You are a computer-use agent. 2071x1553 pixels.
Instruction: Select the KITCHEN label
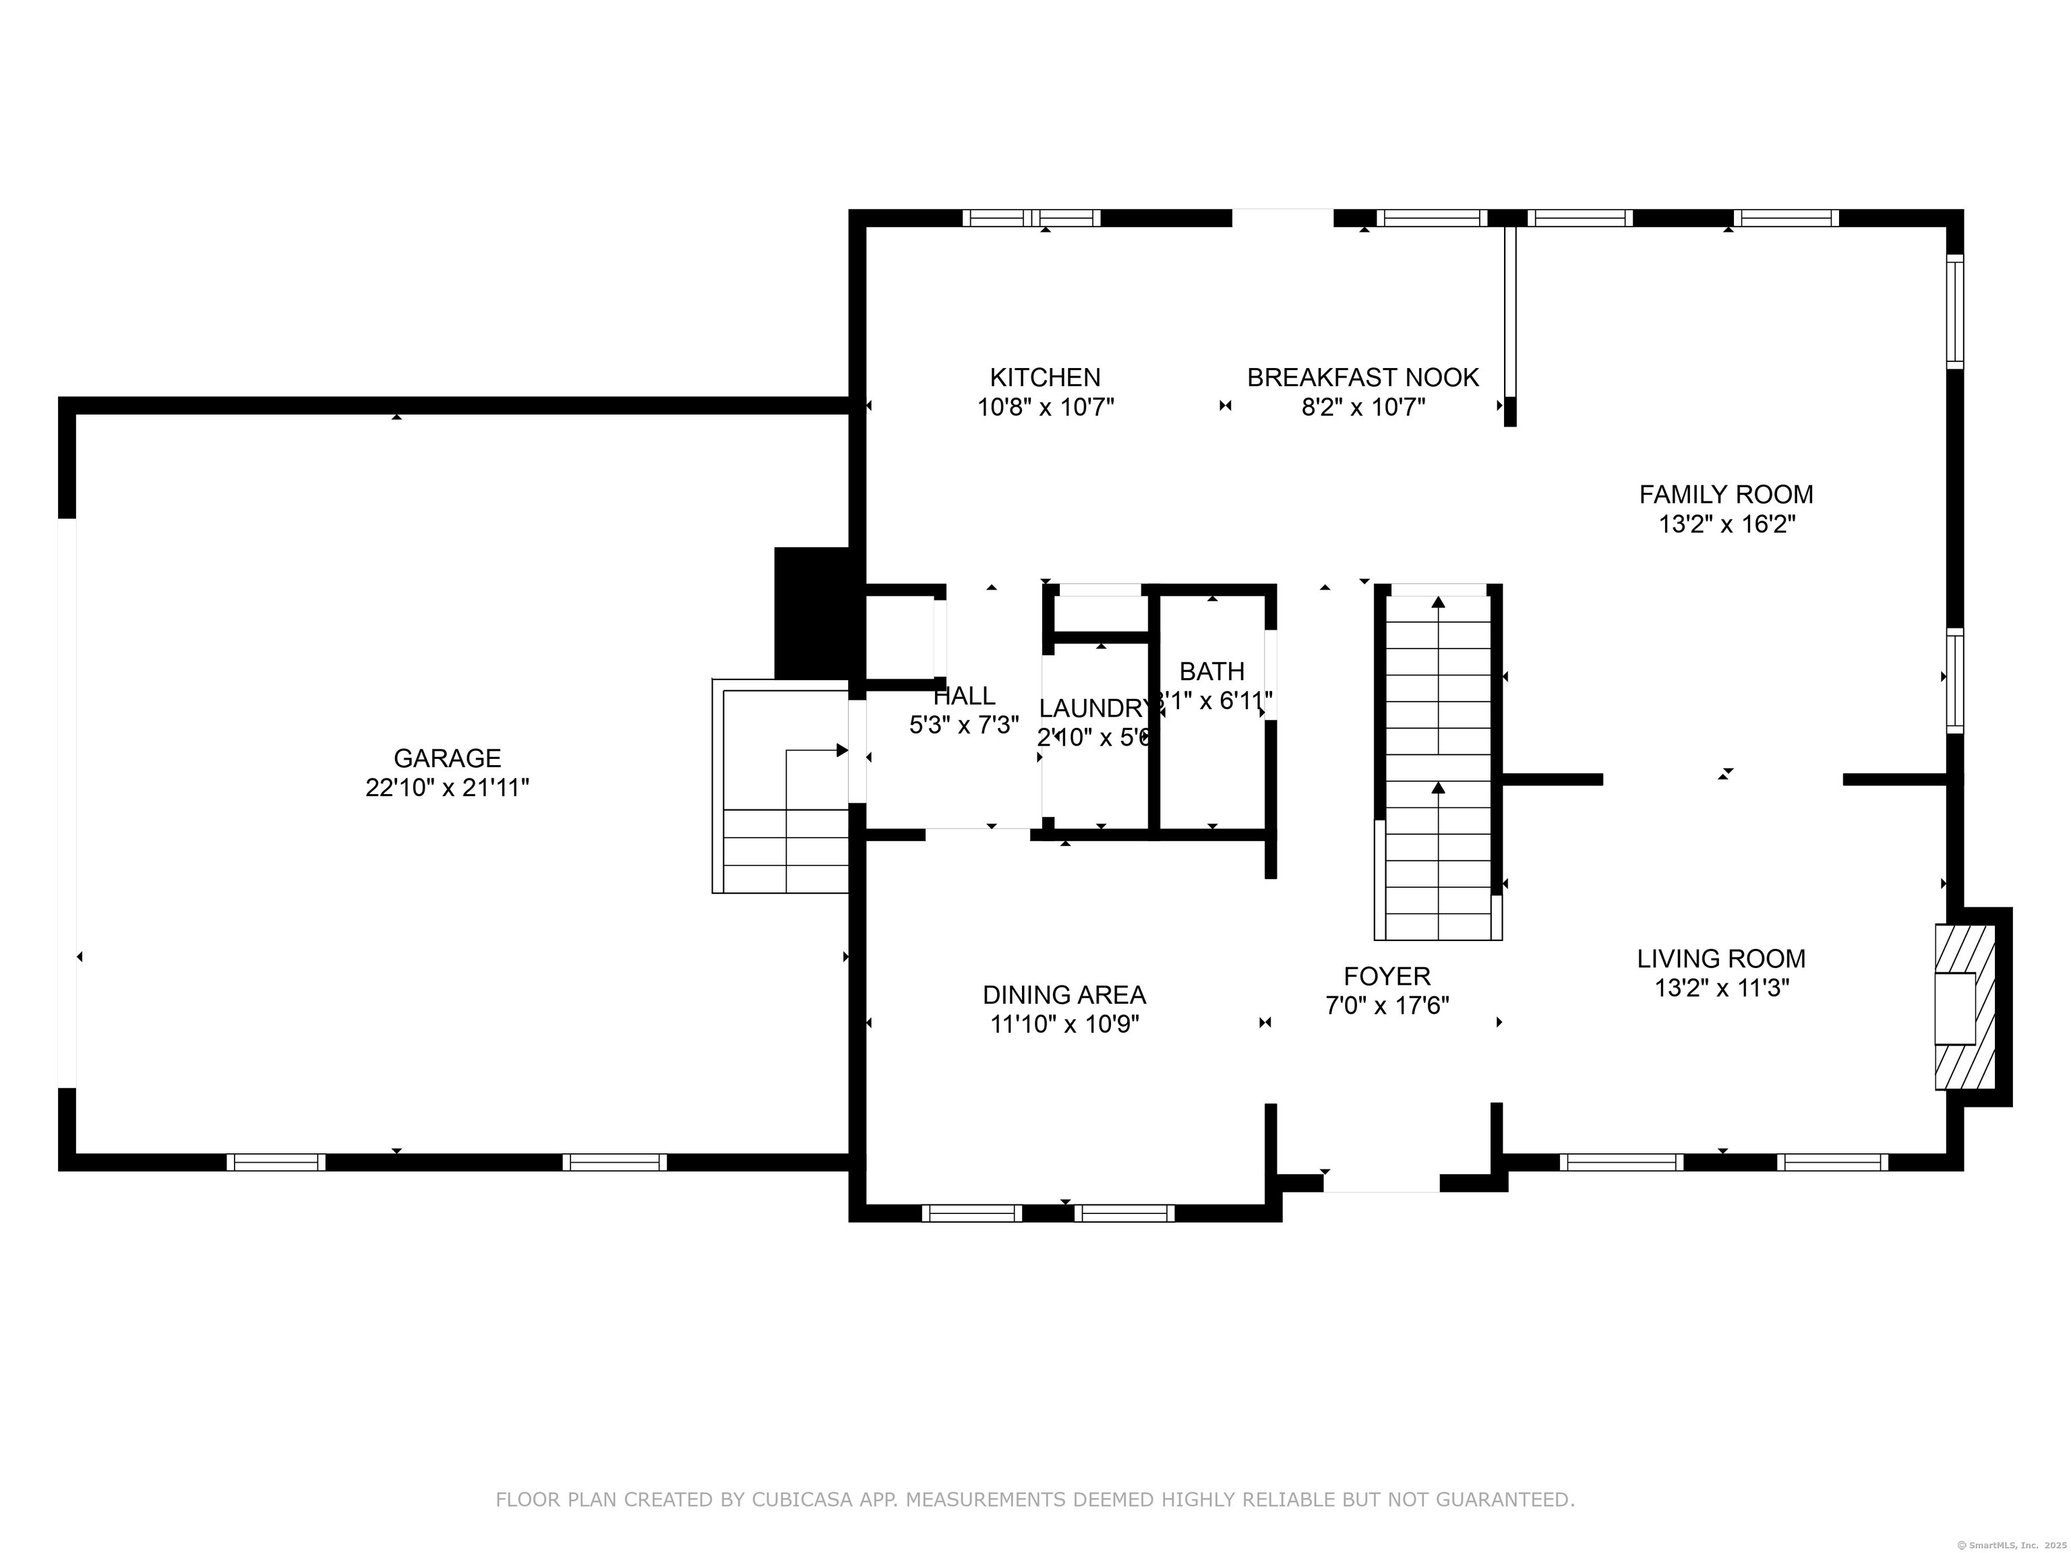[1045, 377]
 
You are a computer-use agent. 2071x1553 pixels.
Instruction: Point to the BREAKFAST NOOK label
[1362, 377]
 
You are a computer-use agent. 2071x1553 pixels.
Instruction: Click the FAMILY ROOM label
[1726, 494]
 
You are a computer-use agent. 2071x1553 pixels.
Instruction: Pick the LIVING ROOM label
[1721, 958]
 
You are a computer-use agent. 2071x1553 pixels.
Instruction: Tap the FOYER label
[1387, 977]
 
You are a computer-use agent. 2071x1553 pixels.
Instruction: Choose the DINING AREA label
[1064, 994]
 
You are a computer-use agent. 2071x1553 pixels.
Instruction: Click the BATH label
[1211, 671]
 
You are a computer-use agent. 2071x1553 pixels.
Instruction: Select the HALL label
[963, 696]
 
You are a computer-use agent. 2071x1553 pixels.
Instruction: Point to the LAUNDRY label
[1093, 708]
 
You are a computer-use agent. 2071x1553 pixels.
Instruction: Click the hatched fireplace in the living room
[1964, 1007]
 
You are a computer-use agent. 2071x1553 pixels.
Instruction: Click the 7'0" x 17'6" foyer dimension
[1387, 1006]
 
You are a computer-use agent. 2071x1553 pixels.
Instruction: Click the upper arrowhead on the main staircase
[1438, 602]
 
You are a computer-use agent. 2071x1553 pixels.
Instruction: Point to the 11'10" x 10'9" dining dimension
[1064, 1024]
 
